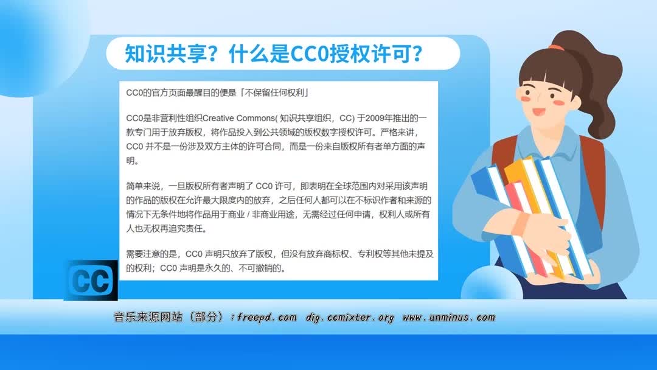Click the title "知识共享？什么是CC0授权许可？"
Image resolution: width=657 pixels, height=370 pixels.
(x=274, y=54)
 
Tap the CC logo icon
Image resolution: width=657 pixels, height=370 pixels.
(x=91, y=281)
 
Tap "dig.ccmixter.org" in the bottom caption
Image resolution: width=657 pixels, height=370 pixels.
(x=350, y=318)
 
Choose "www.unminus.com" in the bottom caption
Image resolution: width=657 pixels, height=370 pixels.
(x=449, y=318)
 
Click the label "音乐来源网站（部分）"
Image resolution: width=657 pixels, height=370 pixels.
(x=170, y=318)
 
